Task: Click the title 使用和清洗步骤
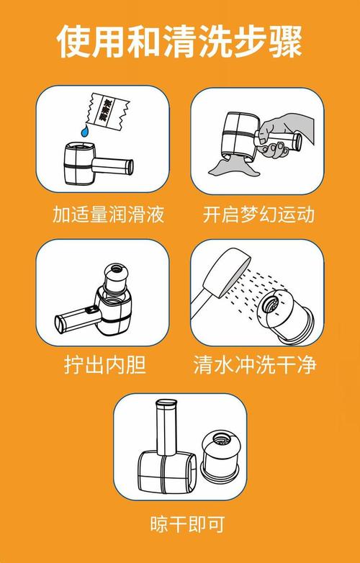180,41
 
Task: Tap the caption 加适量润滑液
108,215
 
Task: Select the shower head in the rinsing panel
219,278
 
